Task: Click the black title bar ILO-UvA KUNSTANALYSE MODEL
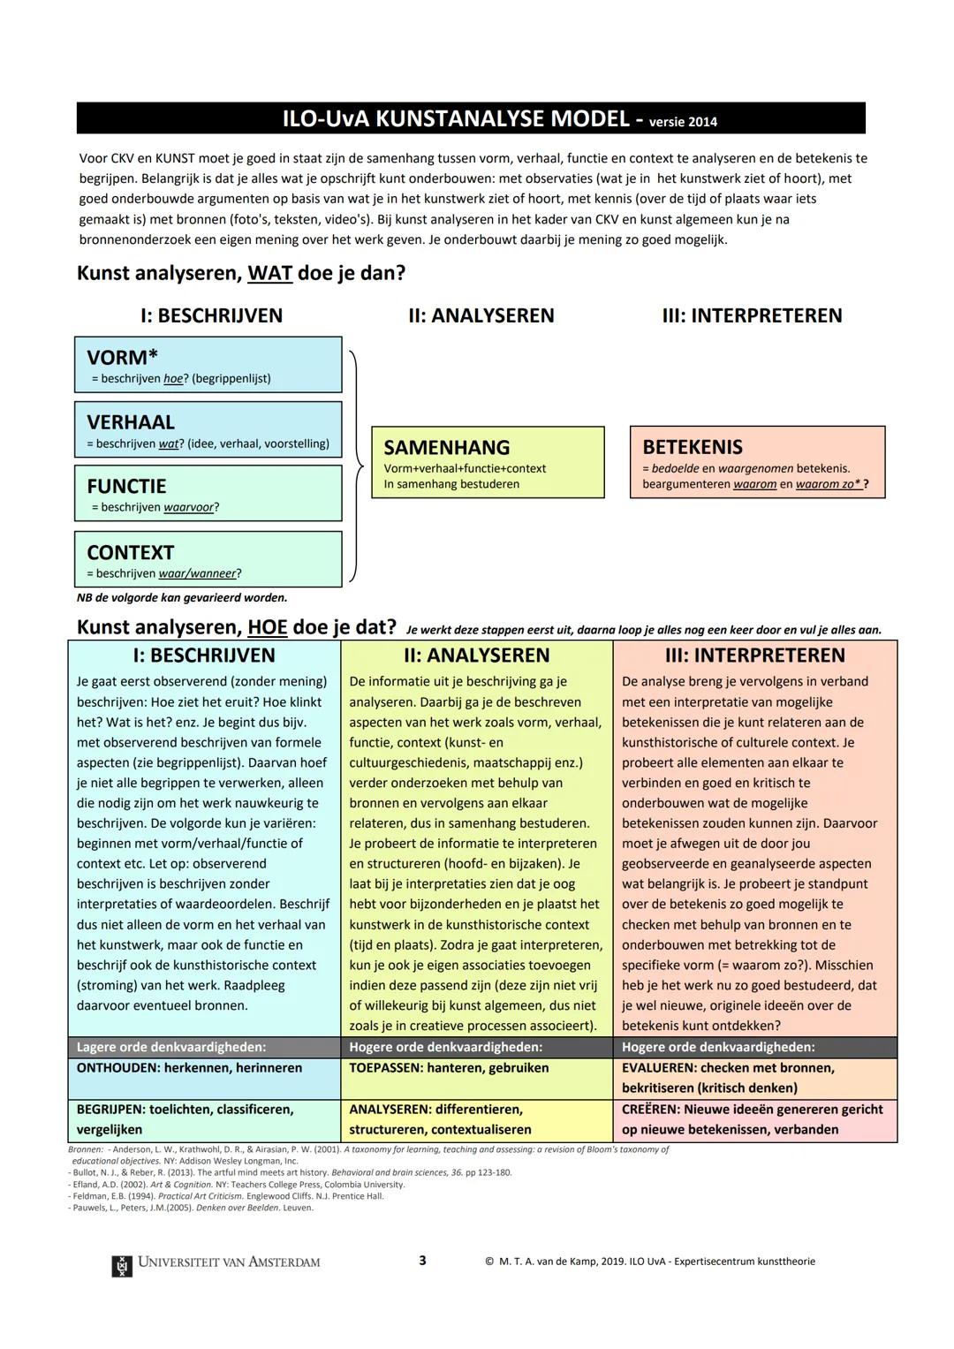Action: click(x=471, y=118)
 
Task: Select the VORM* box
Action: click(x=208, y=365)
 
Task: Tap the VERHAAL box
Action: click(x=208, y=430)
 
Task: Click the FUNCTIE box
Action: click(x=208, y=494)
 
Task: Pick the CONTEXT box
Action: click(x=208, y=559)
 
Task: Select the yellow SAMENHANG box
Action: click(x=488, y=462)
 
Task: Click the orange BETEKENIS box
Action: click(x=757, y=462)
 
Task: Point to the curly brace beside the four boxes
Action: click(x=355, y=465)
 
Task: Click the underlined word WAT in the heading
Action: click(x=269, y=273)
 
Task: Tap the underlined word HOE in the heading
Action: click(x=268, y=627)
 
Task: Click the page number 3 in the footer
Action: click(x=422, y=1261)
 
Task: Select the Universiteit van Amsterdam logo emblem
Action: click(x=122, y=1264)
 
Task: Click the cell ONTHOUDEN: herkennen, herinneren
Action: click(x=204, y=1068)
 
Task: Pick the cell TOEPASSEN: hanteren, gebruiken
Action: click(x=476, y=1068)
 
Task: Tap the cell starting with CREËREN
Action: click(x=754, y=1119)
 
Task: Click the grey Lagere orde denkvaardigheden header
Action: click(x=204, y=1047)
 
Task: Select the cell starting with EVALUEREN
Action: click(x=754, y=1078)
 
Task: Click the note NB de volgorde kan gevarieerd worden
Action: click(x=182, y=598)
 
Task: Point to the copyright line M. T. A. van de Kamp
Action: click(x=649, y=1262)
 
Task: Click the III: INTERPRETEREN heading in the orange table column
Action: click(x=754, y=656)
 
